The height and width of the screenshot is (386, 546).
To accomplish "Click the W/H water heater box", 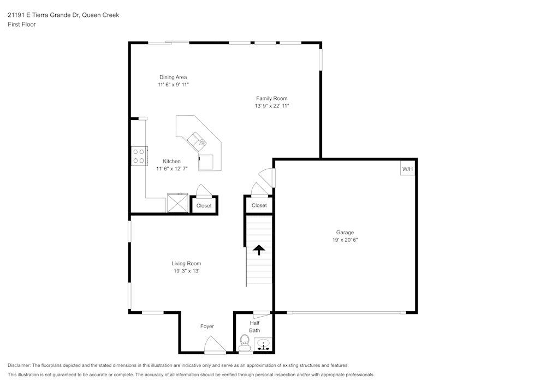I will coord(408,169).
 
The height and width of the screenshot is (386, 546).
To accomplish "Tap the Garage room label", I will coord(345,233).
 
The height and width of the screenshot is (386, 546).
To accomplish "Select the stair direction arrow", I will coord(259,250).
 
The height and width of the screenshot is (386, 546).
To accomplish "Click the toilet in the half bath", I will coord(244,342).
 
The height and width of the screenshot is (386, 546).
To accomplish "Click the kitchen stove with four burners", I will coord(139,156).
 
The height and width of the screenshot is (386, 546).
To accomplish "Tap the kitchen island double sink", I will coord(197,141).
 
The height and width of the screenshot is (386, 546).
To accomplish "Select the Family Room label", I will coord(271,99).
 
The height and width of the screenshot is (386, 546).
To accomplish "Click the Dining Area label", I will coord(173,78).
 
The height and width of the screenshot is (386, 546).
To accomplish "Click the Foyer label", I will coord(207,326).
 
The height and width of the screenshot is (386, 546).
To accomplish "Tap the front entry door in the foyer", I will coord(214,346).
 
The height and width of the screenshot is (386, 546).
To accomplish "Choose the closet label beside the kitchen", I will coord(204,206).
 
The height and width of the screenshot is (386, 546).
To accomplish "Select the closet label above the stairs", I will coord(259,205).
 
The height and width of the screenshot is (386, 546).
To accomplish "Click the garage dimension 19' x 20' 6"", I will coord(345,240).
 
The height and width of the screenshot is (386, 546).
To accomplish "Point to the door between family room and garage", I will coord(267,177).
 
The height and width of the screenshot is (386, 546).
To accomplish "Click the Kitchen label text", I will coord(171,162).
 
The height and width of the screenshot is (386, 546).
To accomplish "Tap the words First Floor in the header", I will coord(22,25).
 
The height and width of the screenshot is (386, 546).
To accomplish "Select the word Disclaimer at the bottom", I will coord(19,365).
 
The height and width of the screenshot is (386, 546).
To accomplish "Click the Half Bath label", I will coord(254,326).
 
